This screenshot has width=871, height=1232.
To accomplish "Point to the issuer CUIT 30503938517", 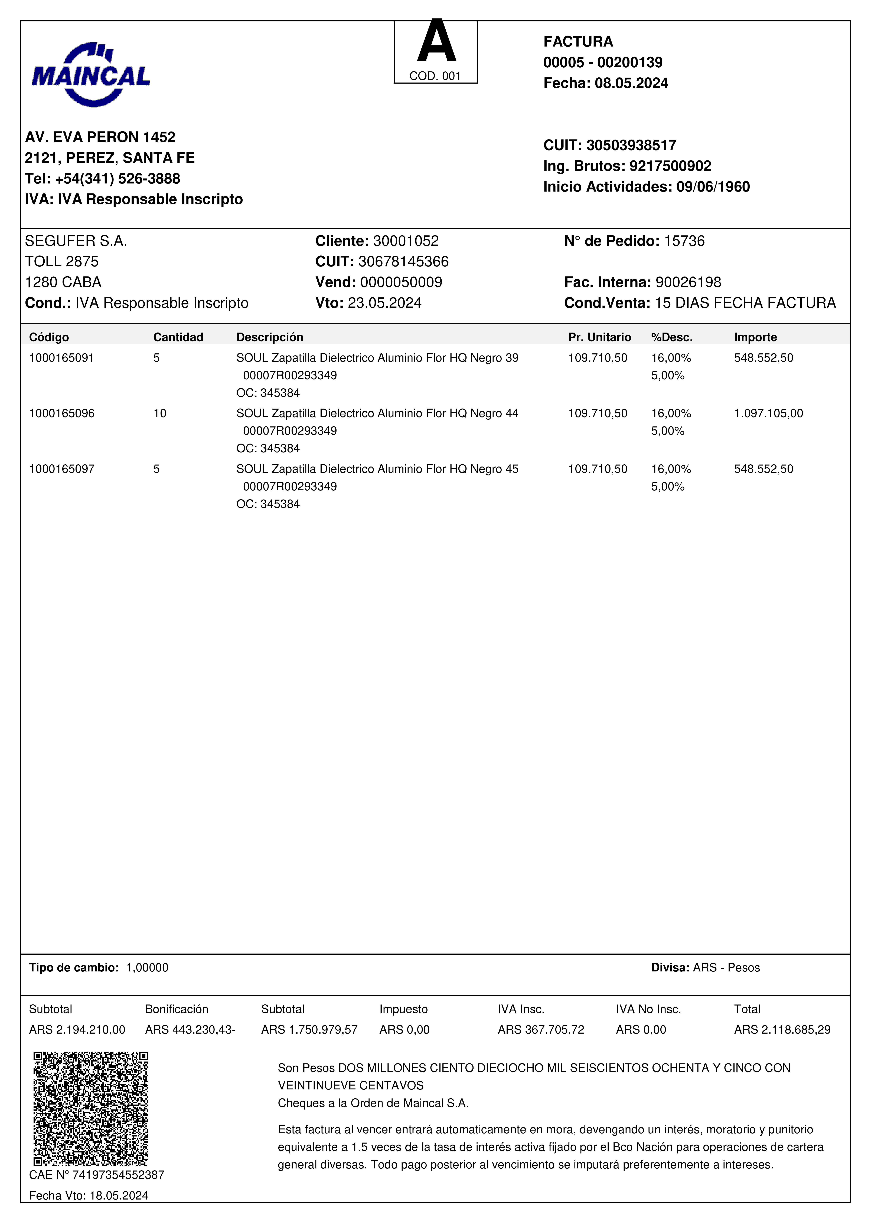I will click(x=631, y=145).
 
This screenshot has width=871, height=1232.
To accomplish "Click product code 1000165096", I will click(x=62, y=413).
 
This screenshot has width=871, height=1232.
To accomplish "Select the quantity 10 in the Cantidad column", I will click(x=160, y=413).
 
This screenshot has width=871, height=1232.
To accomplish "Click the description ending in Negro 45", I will click(x=377, y=469).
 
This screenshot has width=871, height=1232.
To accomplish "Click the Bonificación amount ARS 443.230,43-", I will click(x=190, y=1030).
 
